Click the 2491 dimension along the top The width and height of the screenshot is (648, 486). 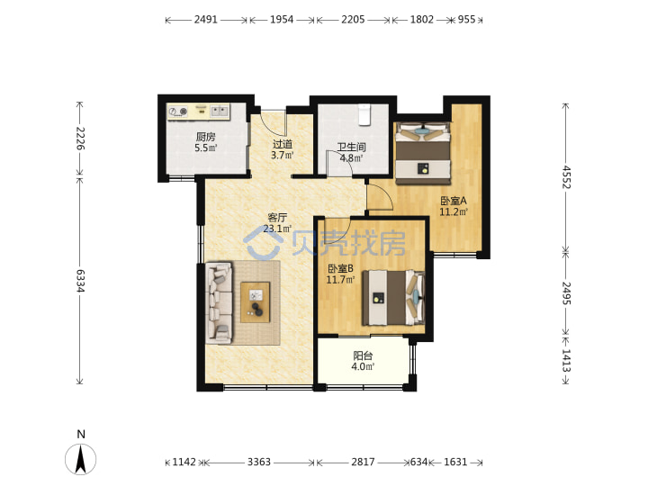205,20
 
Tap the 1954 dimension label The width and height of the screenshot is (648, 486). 282,20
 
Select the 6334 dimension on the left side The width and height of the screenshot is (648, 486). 80,281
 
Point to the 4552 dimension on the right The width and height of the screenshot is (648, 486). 566,177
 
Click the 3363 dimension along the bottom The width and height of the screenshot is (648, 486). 258,462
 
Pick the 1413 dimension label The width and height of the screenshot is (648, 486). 566,360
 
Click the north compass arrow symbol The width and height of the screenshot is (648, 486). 81,459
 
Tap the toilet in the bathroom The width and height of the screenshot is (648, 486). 364,114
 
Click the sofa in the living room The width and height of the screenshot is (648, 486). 219,302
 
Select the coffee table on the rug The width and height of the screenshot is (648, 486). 256,302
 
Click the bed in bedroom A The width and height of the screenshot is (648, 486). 422,153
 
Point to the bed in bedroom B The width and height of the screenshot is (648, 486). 393,298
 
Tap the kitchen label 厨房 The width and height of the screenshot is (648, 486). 205,137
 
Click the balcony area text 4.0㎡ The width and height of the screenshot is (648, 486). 363,366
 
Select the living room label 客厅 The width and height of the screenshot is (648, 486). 277,218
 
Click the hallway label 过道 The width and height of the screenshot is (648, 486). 283,144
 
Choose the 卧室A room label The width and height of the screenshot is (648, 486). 454,201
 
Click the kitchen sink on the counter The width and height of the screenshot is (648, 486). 219,111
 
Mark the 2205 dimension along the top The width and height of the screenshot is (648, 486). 353,20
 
